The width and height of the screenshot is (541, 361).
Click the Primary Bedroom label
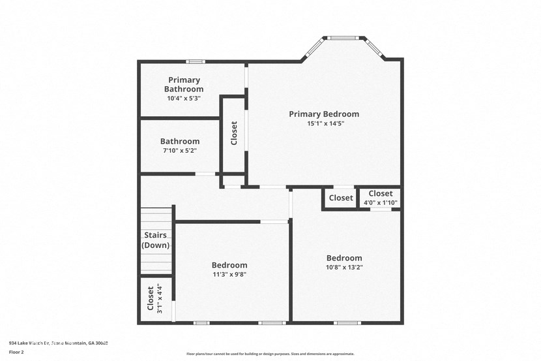pos(324,114)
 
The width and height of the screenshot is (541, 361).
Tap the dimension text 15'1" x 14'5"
pos(325,123)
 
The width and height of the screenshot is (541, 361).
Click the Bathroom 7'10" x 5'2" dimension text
pos(179,150)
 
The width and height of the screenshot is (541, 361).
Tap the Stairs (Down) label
pos(156,240)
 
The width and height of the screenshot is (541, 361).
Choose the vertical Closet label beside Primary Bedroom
pos(234,133)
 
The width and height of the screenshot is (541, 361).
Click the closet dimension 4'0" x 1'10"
pos(380,202)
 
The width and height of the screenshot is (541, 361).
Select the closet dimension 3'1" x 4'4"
pos(160,299)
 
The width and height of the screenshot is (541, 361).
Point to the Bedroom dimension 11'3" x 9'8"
pos(229,274)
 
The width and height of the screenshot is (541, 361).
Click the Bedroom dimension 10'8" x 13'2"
pos(344,267)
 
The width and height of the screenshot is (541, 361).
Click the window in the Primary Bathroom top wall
pos(195,62)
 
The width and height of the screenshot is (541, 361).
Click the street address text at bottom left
pos(58,342)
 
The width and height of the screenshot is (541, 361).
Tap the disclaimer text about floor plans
pos(270,354)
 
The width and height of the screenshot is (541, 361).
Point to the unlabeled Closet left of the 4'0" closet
pos(340,198)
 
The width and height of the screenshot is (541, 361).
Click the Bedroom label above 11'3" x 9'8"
pos(229,265)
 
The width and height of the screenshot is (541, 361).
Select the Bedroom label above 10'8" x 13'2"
pos(344,258)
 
